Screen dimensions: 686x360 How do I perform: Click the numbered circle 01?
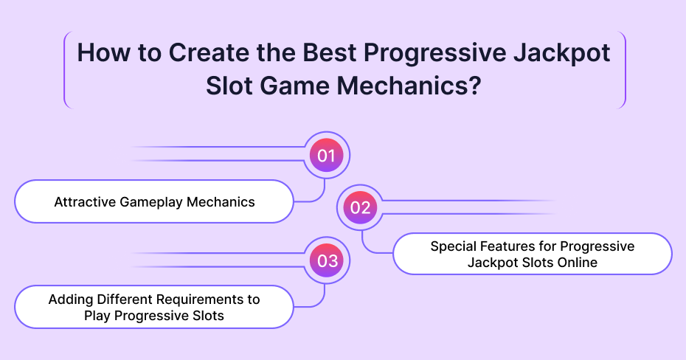click(x=326, y=155)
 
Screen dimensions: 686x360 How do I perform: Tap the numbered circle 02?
click(x=360, y=207)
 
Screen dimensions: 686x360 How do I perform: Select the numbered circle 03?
click(x=326, y=260)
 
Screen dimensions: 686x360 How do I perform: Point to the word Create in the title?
click(x=209, y=52)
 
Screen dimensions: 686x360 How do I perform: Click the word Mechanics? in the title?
click(x=409, y=86)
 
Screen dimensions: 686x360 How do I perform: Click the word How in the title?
click(x=104, y=52)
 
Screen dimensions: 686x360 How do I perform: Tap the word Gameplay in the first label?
click(x=150, y=203)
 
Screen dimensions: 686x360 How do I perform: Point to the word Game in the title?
click(x=293, y=86)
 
